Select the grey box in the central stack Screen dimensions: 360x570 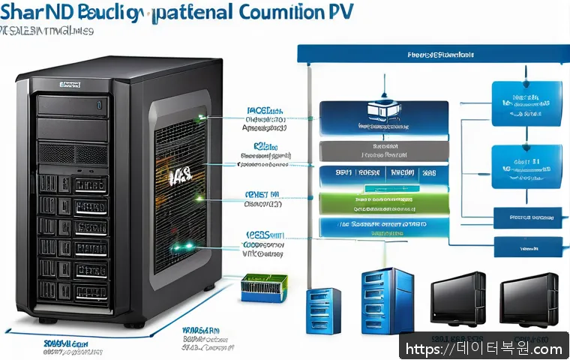click(384, 150)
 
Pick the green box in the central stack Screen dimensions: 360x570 click(384, 202)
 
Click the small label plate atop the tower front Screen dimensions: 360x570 click(70, 85)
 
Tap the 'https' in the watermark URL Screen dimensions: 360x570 click(424, 349)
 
